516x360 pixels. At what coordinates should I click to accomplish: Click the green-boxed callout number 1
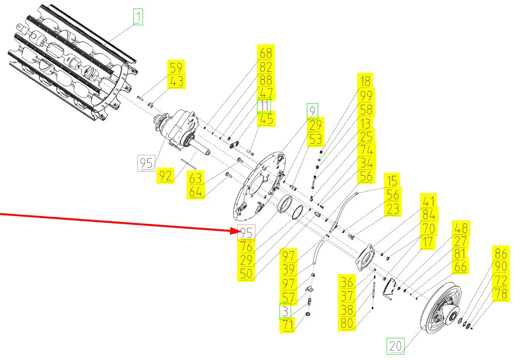click(x=138, y=17)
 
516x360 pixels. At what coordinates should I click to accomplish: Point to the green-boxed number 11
click(x=264, y=106)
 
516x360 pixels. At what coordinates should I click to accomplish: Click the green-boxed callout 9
click(x=312, y=111)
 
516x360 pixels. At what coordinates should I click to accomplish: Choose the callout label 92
click(x=165, y=176)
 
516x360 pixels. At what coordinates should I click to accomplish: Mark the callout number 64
click(x=196, y=192)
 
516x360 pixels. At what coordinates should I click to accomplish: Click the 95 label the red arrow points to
click(x=246, y=233)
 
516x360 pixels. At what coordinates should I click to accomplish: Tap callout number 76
click(x=246, y=247)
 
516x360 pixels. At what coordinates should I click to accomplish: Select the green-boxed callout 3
click(x=285, y=311)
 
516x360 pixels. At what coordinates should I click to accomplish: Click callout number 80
click(x=347, y=322)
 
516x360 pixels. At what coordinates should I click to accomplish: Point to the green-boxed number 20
click(x=396, y=346)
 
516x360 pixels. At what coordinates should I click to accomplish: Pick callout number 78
click(x=501, y=294)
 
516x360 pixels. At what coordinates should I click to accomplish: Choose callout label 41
click(x=429, y=201)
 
